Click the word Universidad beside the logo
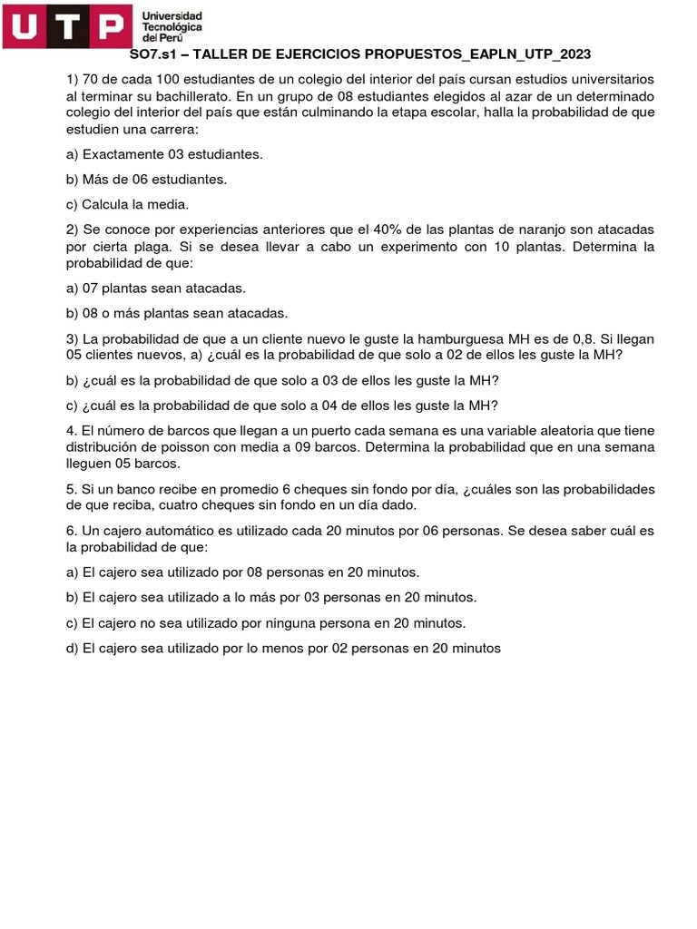coord(172,16)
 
